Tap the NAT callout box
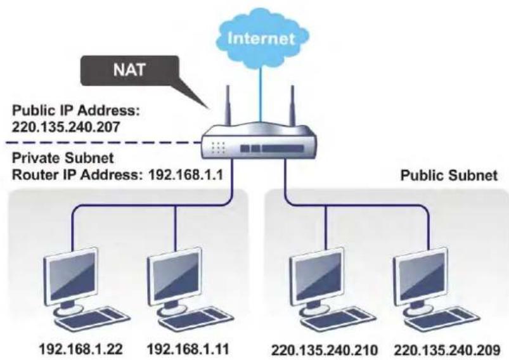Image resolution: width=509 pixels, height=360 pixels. [x=130, y=70]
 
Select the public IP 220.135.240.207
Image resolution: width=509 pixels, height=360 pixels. [x=65, y=127]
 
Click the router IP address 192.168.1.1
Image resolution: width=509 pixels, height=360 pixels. [x=185, y=176]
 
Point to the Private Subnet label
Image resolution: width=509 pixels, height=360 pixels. [x=63, y=158]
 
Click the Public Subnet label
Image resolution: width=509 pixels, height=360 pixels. [x=449, y=176]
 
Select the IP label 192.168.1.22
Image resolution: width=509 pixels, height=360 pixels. [x=81, y=349]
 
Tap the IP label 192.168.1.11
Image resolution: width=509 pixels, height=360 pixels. [x=188, y=349]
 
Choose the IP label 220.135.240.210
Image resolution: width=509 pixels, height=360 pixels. [x=325, y=350]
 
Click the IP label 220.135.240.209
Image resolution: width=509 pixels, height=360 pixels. [x=448, y=350]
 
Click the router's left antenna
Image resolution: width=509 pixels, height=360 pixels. [x=228, y=105]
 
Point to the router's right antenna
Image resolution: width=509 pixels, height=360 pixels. [x=292, y=105]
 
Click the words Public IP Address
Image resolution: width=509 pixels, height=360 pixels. [x=76, y=111]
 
